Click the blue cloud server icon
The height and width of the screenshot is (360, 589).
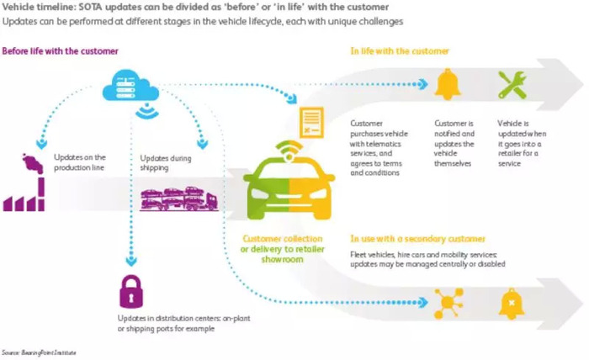(130, 87)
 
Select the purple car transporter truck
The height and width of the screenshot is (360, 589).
(179, 199)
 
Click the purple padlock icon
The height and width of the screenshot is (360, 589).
(131, 291)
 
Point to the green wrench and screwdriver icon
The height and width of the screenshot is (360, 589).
(512, 85)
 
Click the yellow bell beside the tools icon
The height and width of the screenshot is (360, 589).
(448, 84)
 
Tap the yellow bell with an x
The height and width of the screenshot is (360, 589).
(512, 304)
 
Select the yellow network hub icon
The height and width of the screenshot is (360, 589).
(448, 303)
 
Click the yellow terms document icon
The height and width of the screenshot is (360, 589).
(311, 122)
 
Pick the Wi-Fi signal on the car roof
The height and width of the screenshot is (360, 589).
(289, 151)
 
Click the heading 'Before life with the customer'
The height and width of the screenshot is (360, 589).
(60, 51)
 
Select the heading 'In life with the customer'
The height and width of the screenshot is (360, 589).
(400, 51)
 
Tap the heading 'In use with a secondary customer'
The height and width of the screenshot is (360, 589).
(417, 239)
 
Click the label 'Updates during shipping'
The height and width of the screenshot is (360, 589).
(166, 163)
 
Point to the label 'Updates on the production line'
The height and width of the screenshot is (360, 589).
(80, 162)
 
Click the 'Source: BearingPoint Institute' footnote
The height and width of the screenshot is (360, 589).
(39, 353)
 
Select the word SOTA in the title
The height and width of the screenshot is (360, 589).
(91, 7)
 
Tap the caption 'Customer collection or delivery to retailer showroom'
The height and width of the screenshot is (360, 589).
(282, 249)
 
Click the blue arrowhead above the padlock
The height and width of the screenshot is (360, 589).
(131, 260)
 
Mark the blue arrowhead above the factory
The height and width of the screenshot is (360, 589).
(41, 144)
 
